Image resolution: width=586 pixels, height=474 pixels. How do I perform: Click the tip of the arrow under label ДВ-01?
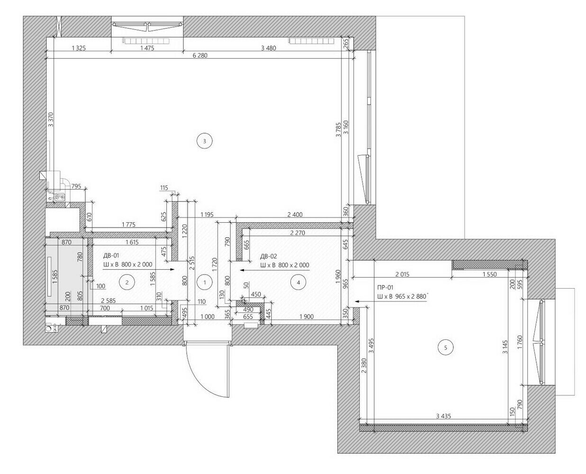[x=174, y=270]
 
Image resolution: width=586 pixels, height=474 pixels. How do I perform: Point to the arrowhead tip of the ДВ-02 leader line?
[x=240, y=270]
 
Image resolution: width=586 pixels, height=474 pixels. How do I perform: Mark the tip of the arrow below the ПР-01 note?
[x=355, y=301]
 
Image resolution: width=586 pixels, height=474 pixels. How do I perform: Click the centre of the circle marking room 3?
[x=204, y=141]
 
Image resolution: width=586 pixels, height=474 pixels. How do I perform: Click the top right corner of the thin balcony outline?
[x=465, y=16]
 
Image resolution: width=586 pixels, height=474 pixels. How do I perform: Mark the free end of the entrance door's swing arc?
[x=228, y=397]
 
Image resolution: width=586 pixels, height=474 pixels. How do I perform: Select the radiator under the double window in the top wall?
[x=146, y=41]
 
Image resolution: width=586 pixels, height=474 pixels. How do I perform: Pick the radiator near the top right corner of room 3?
[x=311, y=41]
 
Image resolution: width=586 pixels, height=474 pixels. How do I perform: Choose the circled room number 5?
[x=445, y=347]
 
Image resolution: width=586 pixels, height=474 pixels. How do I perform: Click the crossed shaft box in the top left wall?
[x=58, y=26]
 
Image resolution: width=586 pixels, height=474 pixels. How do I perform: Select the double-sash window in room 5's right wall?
[x=541, y=342]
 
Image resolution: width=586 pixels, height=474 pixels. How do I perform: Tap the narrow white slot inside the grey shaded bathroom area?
[x=50, y=277]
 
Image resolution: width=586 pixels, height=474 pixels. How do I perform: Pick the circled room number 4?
[x=298, y=282]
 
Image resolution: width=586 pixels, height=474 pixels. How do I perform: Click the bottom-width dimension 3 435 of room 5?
[x=443, y=416]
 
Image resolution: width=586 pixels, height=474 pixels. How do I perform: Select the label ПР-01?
[x=385, y=288]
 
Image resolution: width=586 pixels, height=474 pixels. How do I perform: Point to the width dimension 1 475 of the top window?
[x=147, y=48]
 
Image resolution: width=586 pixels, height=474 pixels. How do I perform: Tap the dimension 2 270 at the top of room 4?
[x=298, y=233]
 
